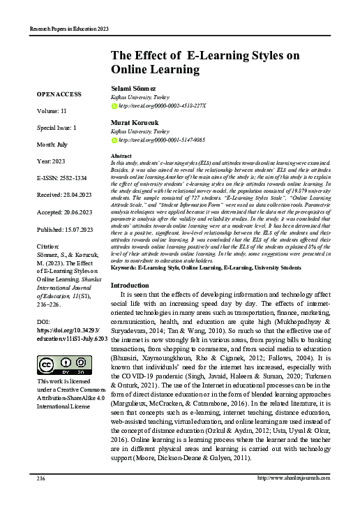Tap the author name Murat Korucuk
tap(135, 122)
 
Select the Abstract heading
tap(121, 156)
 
